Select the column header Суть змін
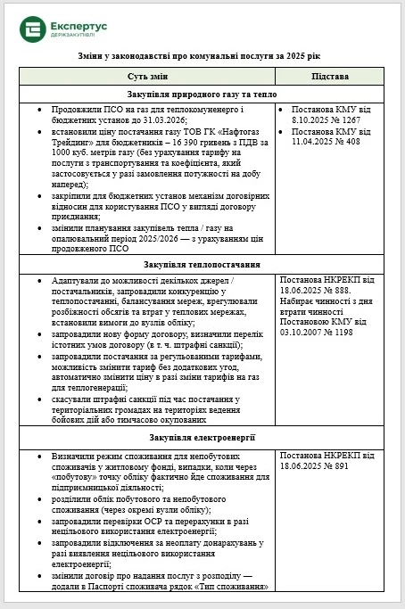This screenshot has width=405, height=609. click(151, 77)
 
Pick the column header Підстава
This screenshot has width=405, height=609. click(332, 77)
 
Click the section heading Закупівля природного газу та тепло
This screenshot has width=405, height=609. click(202, 94)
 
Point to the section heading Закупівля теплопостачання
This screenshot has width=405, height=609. click(202, 265)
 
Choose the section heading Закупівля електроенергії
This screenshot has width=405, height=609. click(202, 438)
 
